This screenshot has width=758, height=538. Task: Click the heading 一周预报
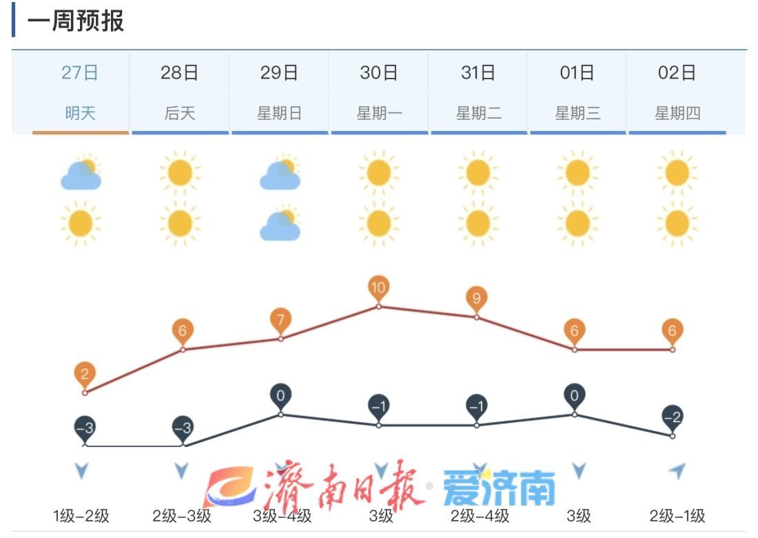click(x=76, y=21)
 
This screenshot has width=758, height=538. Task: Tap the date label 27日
click(x=81, y=72)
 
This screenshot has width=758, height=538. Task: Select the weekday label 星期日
click(x=279, y=113)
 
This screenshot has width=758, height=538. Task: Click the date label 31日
click(x=478, y=72)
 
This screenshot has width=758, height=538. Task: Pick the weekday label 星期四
click(x=677, y=113)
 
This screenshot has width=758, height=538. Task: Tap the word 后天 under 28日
click(x=180, y=113)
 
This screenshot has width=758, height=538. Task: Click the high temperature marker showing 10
click(x=378, y=288)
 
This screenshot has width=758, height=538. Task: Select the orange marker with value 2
click(x=85, y=375)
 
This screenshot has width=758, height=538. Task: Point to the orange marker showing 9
click(x=476, y=299)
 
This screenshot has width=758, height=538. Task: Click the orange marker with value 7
click(x=280, y=321)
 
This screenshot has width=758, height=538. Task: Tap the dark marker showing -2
click(x=673, y=417)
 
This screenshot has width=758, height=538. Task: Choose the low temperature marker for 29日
click(x=280, y=396)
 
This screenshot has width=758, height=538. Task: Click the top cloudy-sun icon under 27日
click(x=81, y=173)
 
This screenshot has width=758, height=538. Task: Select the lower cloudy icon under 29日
click(x=280, y=224)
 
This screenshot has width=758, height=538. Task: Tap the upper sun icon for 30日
click(x=378, y=172)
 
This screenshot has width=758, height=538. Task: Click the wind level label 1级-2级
click(x=81, y=515)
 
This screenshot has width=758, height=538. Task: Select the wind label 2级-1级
click(x=677, y=515)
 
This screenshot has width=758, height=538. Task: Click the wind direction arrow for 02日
click(x=677, y=471)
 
